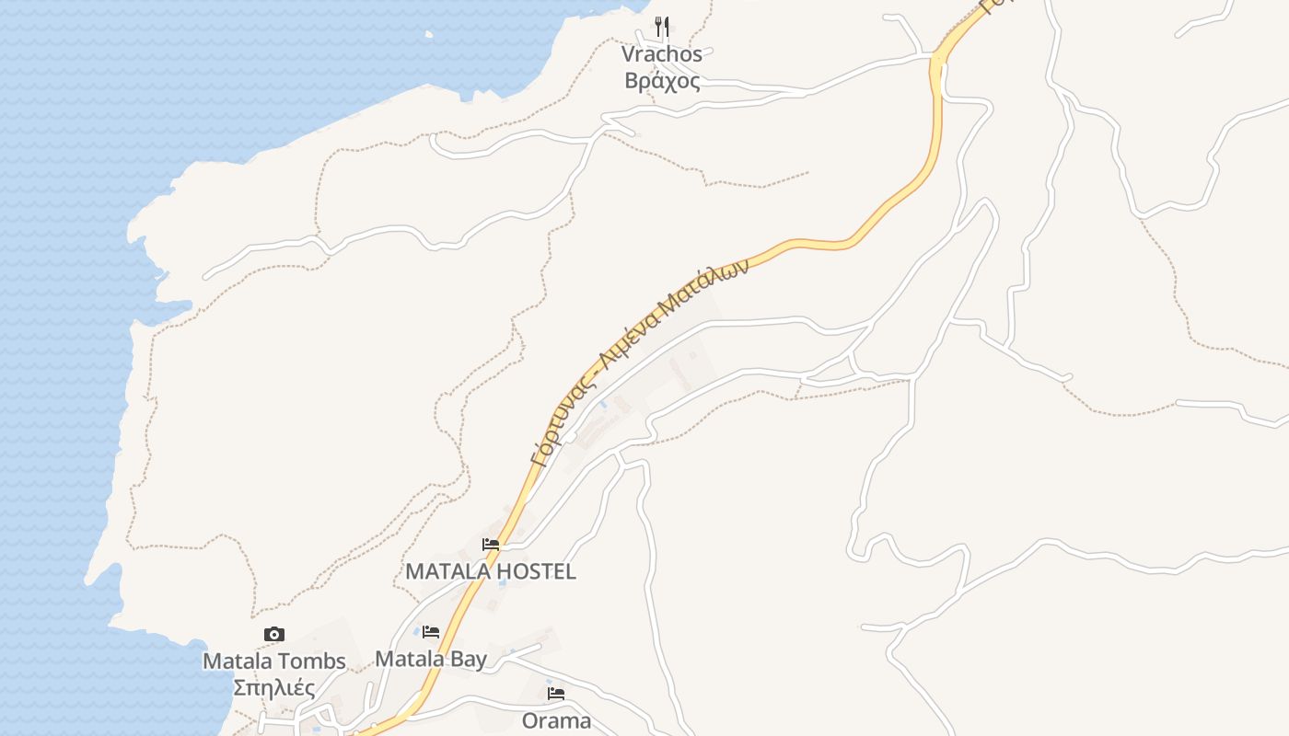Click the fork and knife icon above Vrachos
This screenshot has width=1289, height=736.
pos(662,27)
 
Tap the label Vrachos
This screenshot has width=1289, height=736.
pos(661,54)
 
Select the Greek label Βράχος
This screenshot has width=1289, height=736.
pos(661,81)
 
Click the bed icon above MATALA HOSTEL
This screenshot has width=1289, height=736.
pos(491,545)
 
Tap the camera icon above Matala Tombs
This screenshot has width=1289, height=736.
pos(273,634)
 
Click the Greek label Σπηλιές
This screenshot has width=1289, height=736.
pos(273,688)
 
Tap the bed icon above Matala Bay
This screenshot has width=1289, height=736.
pos(431,632)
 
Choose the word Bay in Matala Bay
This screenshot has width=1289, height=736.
pos(469,659)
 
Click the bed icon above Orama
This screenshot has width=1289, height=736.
pos(555,694)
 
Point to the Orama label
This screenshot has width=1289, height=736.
pos(556,720)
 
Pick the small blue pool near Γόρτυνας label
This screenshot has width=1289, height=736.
pos(603,403)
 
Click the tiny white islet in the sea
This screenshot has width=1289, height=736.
pos(429,35)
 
